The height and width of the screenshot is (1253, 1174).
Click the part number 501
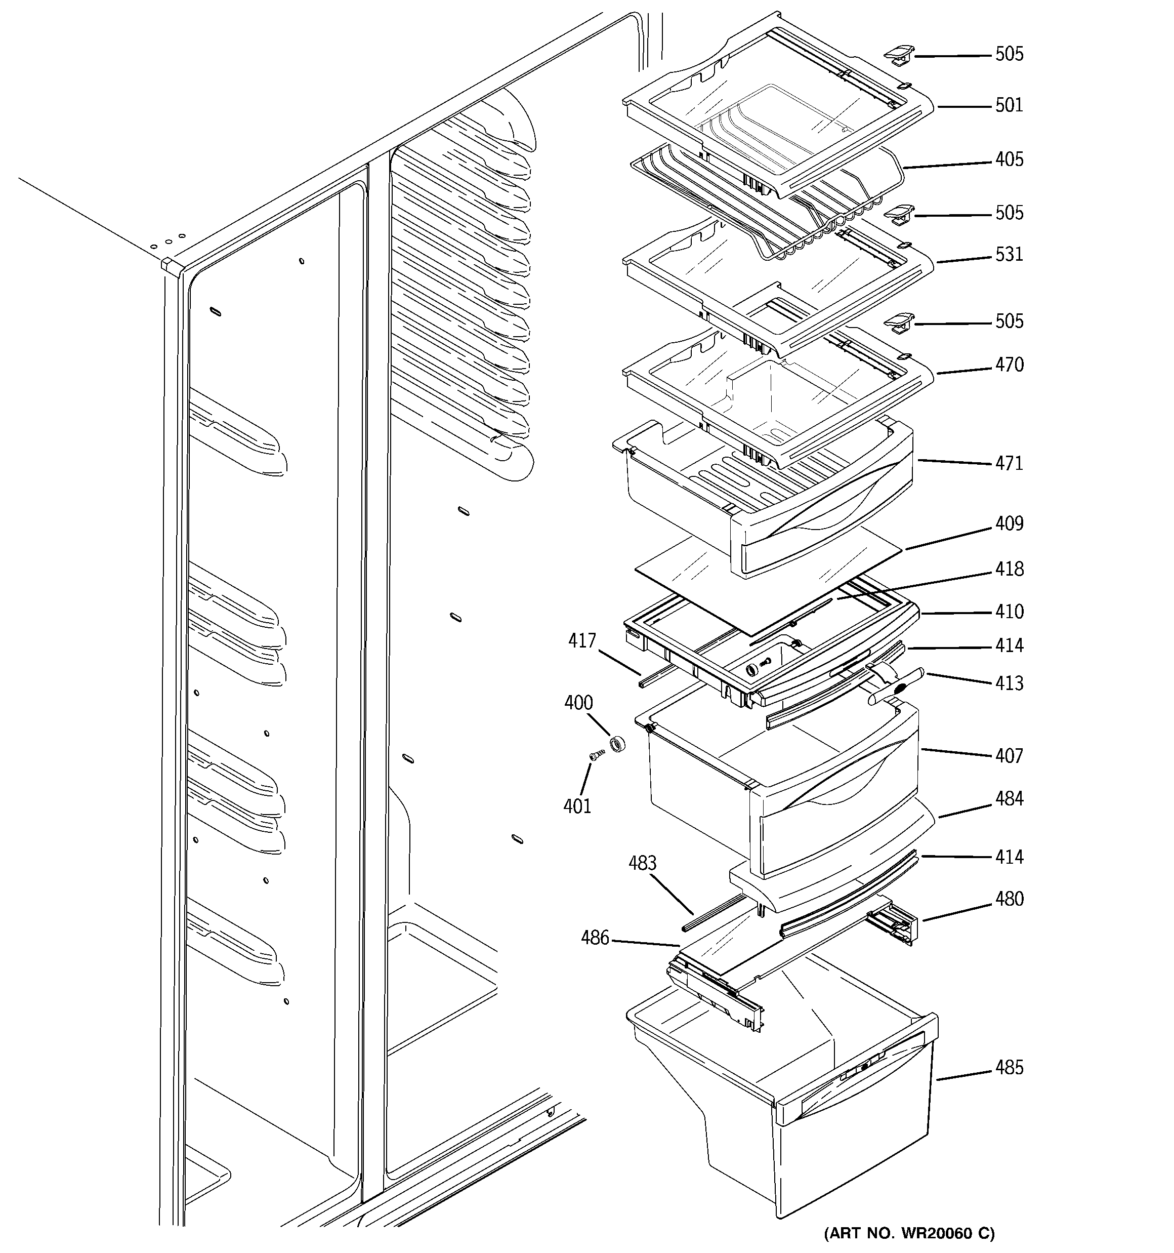1009,105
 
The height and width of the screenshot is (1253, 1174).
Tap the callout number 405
1009,159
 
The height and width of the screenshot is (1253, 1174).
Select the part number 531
1009,255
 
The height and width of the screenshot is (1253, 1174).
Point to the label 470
1009,365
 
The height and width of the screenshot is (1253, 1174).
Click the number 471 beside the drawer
1009,463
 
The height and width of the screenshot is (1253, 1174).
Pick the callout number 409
1009,524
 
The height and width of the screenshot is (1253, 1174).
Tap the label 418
1009,569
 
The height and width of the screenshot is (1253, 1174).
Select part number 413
1009,683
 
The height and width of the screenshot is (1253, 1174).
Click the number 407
1009,756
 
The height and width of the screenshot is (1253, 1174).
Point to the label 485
1009,1068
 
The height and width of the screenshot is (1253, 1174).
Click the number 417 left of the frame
581,641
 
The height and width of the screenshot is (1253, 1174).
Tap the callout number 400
578,703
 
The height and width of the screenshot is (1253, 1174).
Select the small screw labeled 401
595,755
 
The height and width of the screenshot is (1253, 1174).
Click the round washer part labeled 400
617,745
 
